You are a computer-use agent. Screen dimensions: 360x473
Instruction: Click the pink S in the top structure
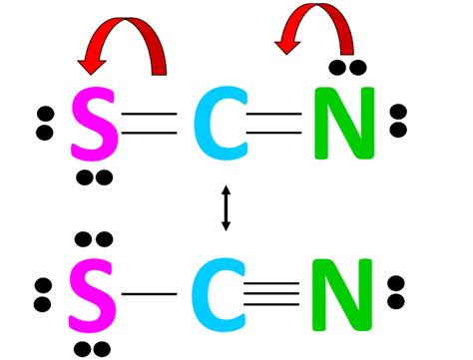93,125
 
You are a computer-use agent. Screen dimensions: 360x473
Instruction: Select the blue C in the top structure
213,125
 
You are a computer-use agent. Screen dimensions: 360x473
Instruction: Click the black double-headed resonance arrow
226,208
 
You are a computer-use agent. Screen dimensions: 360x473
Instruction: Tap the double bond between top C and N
274,125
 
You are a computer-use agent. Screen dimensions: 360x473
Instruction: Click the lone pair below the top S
94,178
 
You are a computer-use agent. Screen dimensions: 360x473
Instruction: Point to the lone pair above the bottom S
94,240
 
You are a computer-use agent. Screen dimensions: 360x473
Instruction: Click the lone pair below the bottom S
94,347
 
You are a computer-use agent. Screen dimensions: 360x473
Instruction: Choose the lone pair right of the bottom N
398,295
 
